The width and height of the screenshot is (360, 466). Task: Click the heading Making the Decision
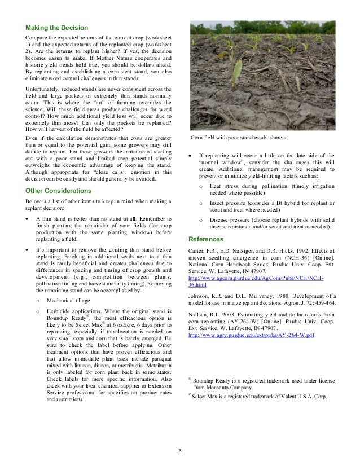tap(56, 28)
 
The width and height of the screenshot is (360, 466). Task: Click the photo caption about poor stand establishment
tap(239, 138)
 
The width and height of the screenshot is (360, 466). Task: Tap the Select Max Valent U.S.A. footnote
tap(260, 397)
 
